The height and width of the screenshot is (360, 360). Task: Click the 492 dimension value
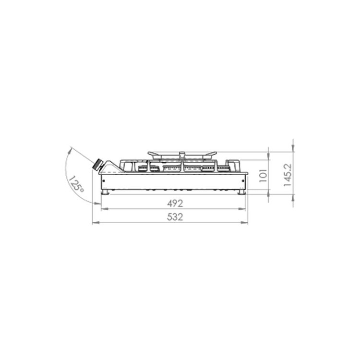click(175, 204)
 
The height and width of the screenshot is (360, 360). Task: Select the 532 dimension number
click(175, 217)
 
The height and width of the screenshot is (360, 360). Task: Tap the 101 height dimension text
click(264, 176)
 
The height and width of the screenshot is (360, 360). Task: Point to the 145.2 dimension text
click(288, 175)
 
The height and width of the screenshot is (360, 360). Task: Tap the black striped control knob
click(97, 164)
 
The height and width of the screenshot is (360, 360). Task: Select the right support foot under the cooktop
click(242, 192)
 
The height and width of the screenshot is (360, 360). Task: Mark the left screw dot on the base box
click(104, 181)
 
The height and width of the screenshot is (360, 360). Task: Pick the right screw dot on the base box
click(243, 181)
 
